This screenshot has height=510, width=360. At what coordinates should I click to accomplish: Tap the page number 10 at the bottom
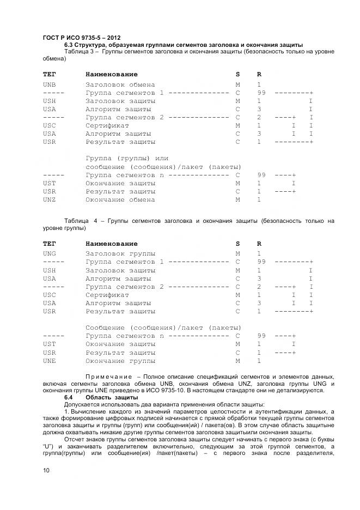(46, 470)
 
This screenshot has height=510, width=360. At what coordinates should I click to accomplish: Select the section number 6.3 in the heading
(69, 45)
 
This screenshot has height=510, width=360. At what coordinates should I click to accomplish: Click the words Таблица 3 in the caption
(80, 51)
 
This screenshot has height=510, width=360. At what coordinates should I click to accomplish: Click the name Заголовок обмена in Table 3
(120, 84)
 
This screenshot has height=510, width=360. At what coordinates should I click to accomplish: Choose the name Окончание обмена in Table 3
(120, 199)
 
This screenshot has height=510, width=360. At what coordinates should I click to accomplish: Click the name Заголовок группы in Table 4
(120, 253)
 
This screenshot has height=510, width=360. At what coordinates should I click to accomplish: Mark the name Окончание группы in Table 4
(120, 361)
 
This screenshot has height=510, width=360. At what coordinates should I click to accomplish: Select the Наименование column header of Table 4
(112, 244)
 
